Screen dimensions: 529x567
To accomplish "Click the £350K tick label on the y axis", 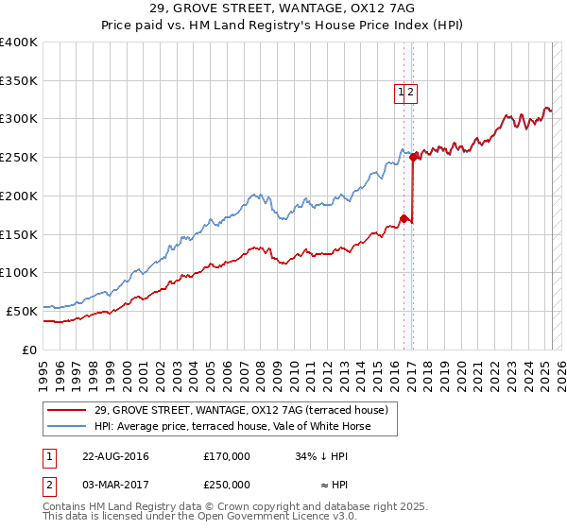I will (19, 80).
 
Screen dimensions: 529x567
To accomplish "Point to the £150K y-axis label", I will (19, 233).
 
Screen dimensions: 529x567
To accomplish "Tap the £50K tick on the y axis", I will (23, 310).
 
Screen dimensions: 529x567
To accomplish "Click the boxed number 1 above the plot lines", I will (402, 93).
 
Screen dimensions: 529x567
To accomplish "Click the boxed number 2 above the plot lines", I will (412, 93).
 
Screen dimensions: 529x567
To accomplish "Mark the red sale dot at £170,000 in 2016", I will (404, 219).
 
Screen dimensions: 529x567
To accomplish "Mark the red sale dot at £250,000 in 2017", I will (413, 158).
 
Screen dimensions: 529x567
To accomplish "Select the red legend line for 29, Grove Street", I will (66, 411).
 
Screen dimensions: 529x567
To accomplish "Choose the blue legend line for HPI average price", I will (66, 426).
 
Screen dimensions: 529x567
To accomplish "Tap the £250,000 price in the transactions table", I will (227, 484).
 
